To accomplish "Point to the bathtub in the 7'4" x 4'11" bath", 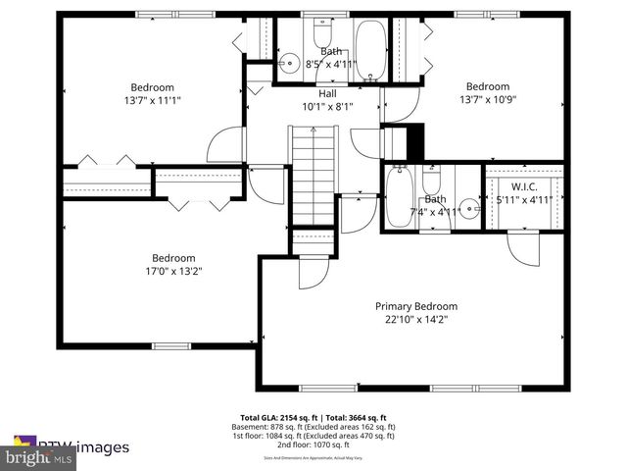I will (398, 195).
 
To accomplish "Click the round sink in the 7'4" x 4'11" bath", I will (469, 208).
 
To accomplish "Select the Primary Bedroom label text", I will (416, 306).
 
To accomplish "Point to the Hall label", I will (313, 93).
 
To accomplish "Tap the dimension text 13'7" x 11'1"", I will (153, 99).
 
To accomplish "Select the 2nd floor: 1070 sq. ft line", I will (313, 446).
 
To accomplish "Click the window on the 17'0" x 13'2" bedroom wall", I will (169, 345).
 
